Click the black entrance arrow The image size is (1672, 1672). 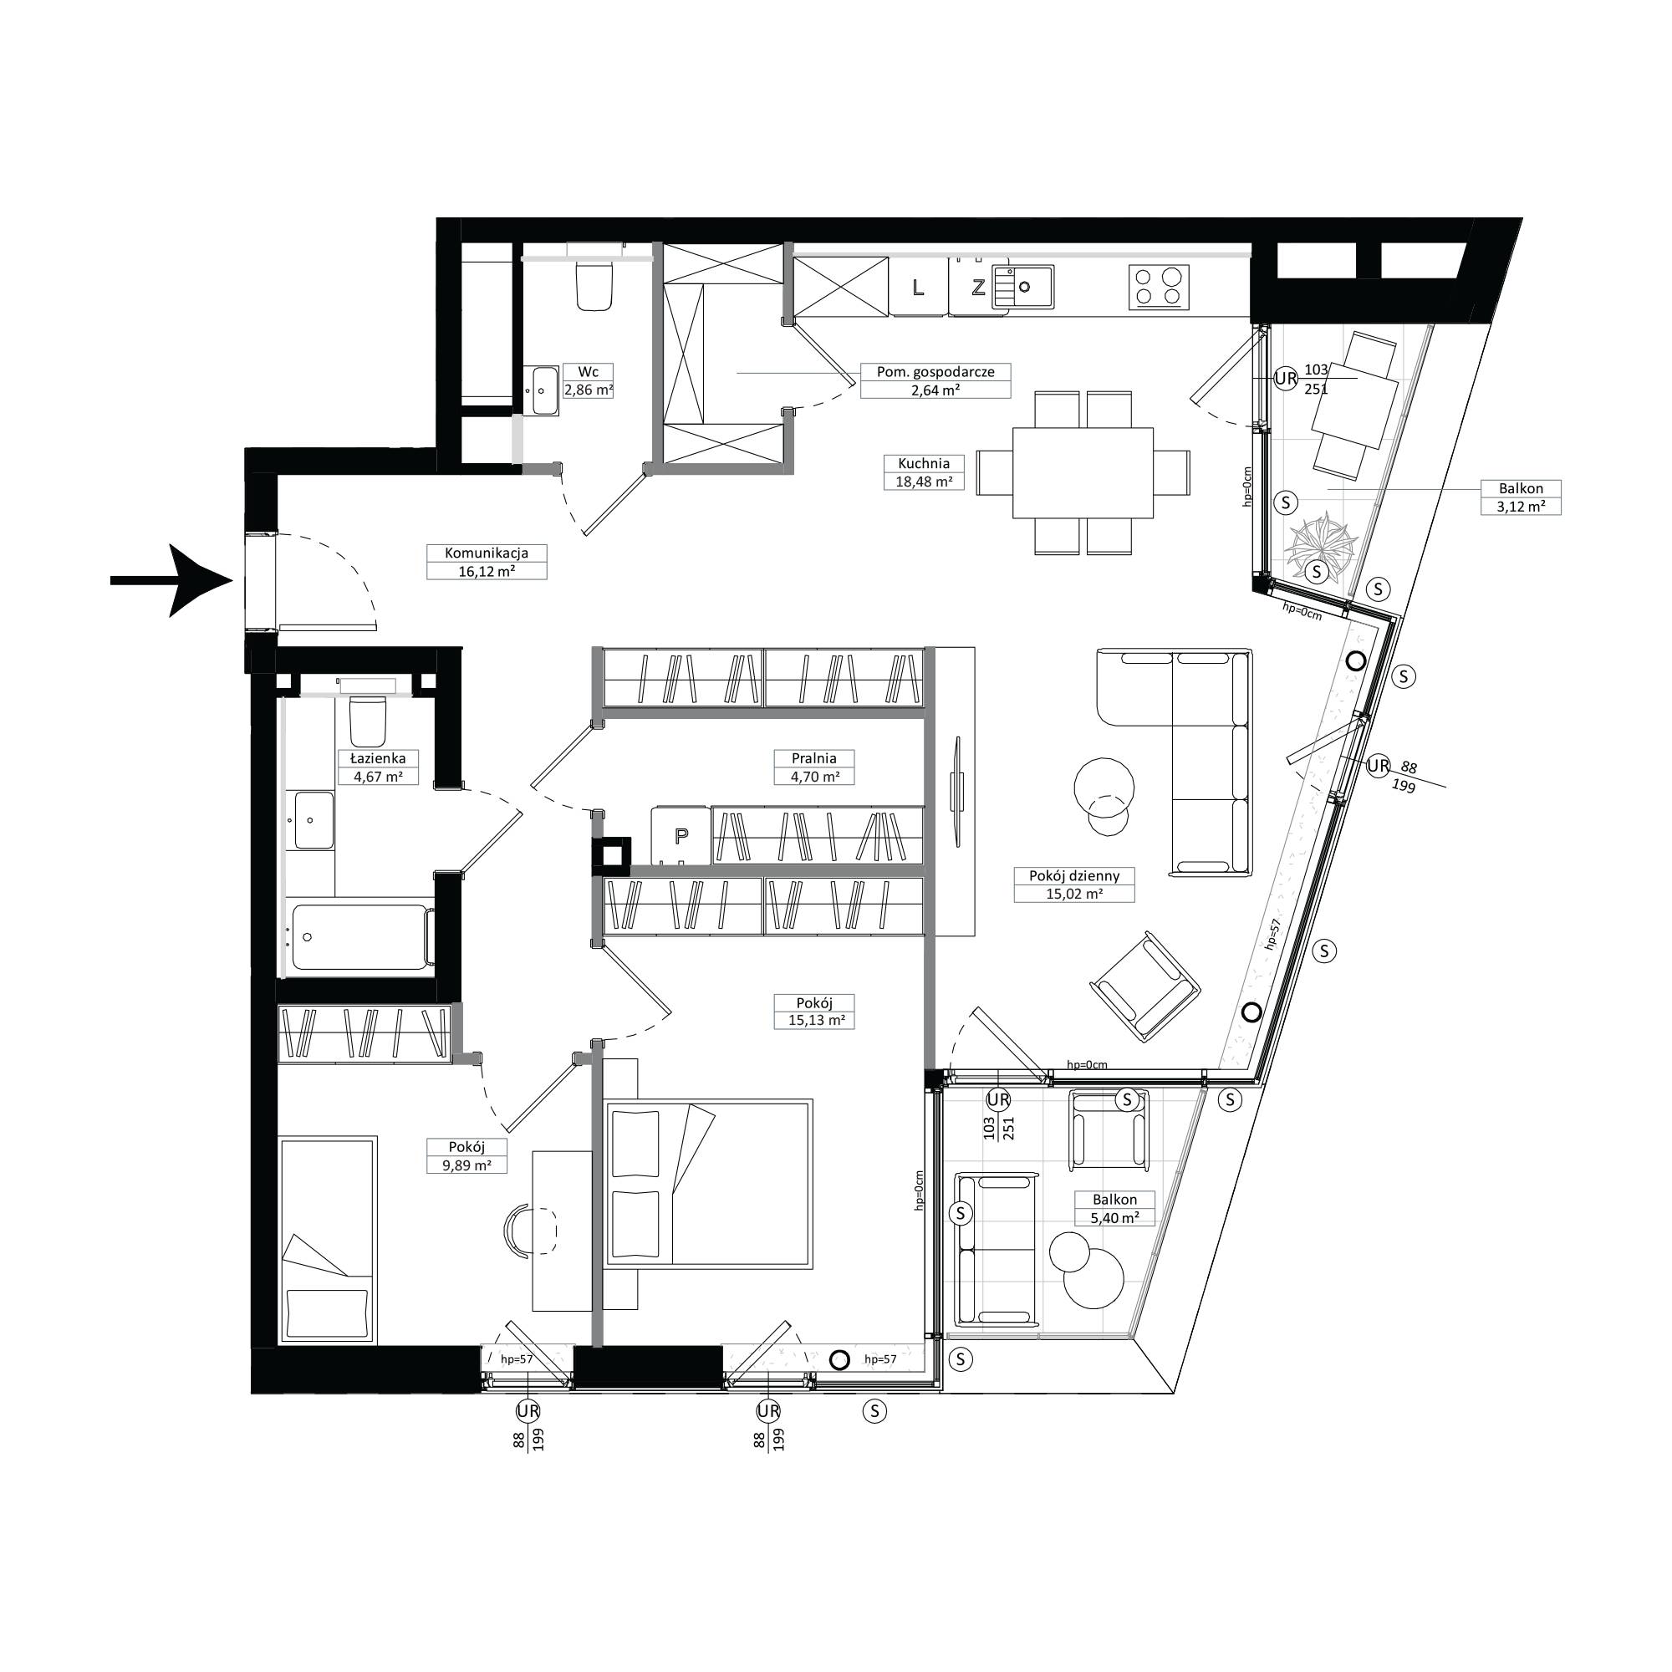[x=172, y=581]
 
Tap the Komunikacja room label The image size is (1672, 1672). [x=487, y=553]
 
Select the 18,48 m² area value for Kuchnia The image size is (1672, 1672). [x=924, y=482]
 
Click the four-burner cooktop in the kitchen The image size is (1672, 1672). [x=1159, y=287]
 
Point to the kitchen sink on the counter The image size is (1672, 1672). [x=1023, y=287]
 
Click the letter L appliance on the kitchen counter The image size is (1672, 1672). [x=918, y=287]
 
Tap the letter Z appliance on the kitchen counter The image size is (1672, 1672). [x=978, y=287]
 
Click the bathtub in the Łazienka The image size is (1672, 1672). [x=362, y=937]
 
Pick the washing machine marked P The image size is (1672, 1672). [x=681, y=835]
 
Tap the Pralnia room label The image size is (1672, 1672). [x=813, y=758]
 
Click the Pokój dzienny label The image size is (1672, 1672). [x=1074, y=876]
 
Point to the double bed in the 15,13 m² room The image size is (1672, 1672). [x=709, y=1183]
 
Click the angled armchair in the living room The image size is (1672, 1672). [x=1145, y=987]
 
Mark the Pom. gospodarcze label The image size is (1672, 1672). [x=935, y=372]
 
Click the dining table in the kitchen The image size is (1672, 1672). [x=1083, y=472]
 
